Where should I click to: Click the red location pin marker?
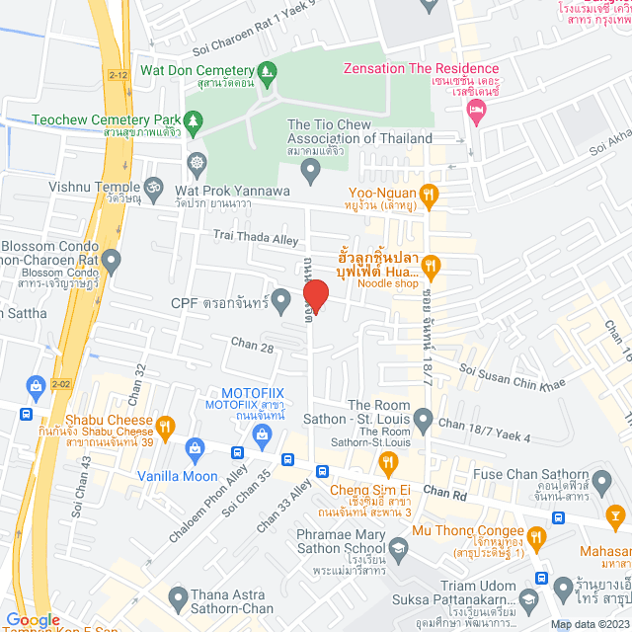315,293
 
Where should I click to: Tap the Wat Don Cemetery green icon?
266,71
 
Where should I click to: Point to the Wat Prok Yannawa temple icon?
197,161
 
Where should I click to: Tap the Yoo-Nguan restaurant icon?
428,193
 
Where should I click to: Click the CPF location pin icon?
281,297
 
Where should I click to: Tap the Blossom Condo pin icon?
112,262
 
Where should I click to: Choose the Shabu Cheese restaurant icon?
165,427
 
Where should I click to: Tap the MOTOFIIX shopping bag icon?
263,434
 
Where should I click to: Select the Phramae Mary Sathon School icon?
397,547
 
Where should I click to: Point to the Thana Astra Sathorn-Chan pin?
178,596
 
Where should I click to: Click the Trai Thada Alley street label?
256,238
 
